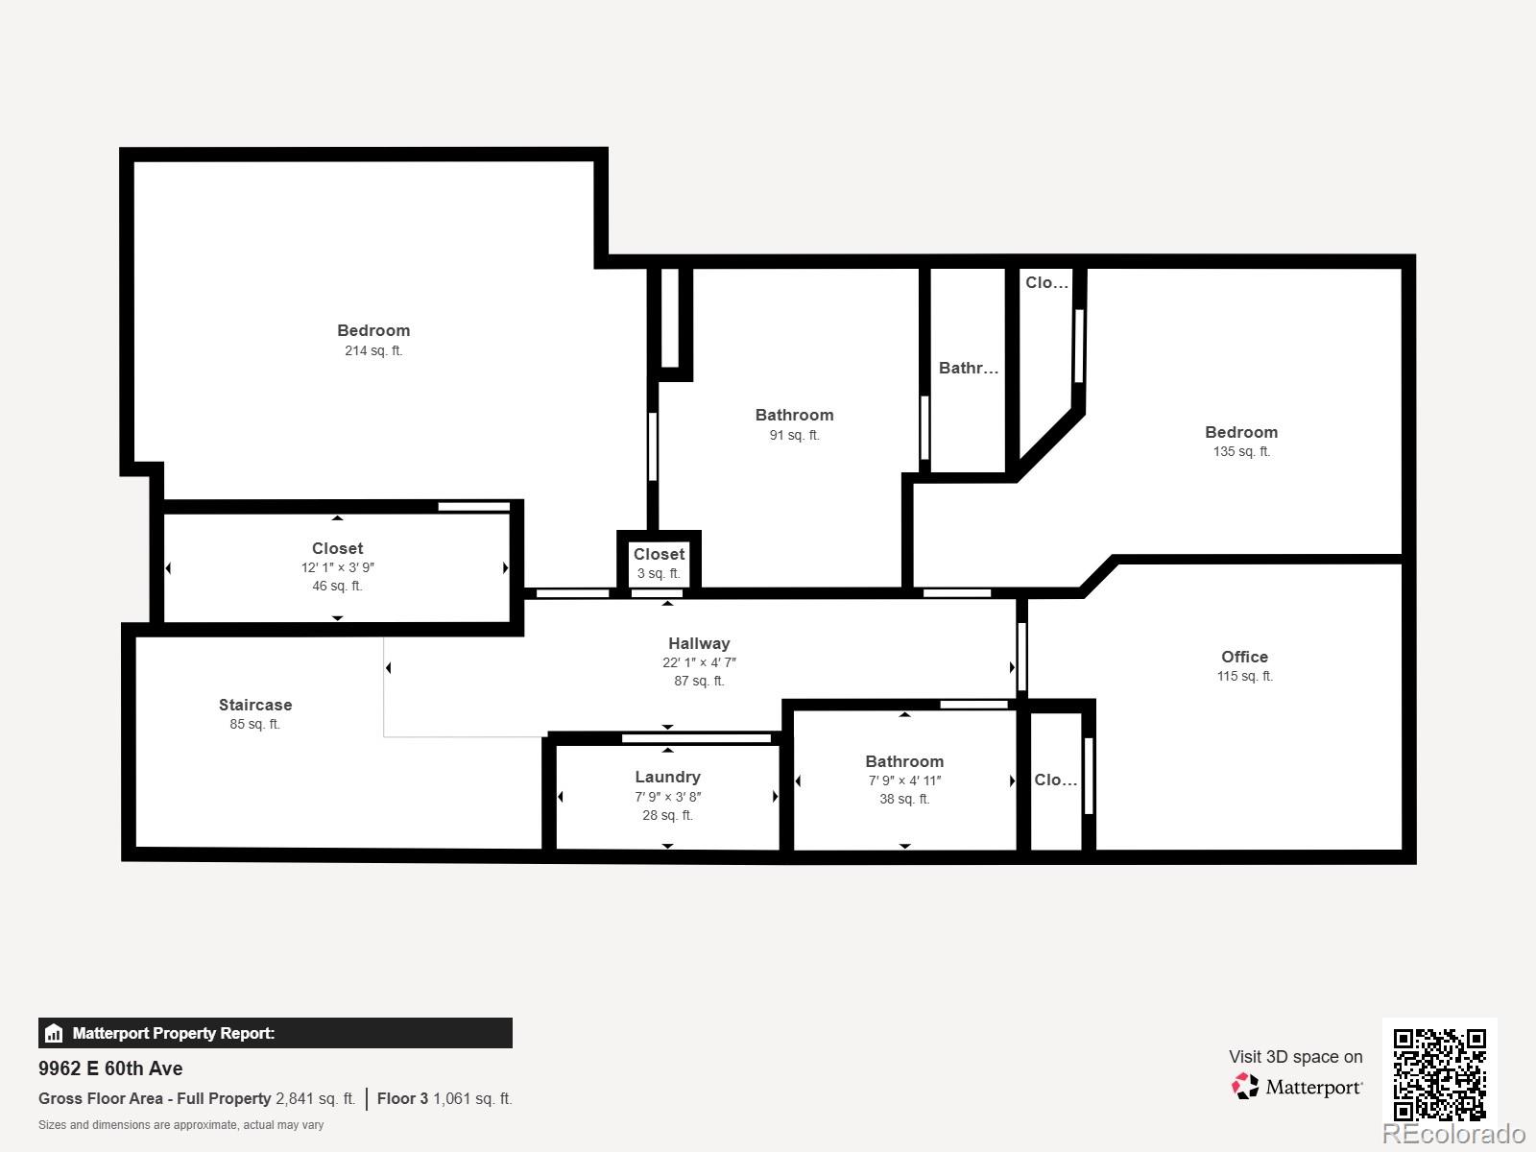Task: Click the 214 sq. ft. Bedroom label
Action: pos(373,330)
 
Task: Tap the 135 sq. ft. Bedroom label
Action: pos(1241,432)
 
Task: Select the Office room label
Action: pos(1244,657)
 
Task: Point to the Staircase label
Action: pos(255,705)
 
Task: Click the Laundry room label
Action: pos(667,777)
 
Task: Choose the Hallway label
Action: pos(699,643)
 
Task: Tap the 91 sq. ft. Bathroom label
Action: pos(794,415)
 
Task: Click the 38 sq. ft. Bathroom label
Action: pos(904,761)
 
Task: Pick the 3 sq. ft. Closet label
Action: pos(659,554)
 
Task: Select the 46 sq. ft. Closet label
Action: pos(337,548)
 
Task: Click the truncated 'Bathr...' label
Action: pos(968,368)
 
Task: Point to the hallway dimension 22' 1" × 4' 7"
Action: pos(699,662)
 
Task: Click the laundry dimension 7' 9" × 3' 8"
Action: pos(667,797)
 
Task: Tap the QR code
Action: pos(1439,1074)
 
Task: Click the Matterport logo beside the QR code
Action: pos(1296,1087)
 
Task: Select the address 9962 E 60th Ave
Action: pos(110,1068)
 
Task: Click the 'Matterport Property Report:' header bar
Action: pos(275,1033)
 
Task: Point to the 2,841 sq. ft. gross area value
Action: pos(315,1098)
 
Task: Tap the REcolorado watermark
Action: pos(1452,1134)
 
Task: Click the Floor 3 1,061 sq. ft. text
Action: pos(444,1098)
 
